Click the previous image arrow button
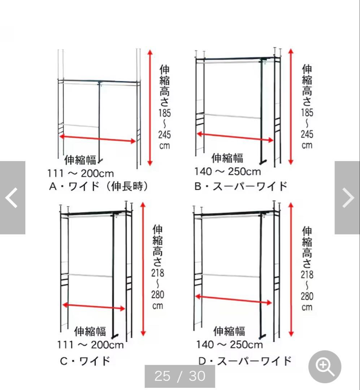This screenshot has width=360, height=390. click(12, 198)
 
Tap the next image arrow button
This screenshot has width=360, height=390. click(347, 198)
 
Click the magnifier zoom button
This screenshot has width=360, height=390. click(325, 367)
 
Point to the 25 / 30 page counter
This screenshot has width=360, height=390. click(180, 376)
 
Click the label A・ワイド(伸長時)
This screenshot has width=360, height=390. click(99, 186)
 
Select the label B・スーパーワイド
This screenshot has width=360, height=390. click(241, 186)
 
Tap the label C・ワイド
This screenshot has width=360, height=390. click(85, 361)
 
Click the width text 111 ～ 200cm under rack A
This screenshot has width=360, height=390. click(80, 173)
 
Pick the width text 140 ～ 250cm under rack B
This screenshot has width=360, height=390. click(227, 171)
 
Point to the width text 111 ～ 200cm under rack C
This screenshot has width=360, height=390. click(90, 345)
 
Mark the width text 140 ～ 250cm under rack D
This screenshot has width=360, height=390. click(230, 344)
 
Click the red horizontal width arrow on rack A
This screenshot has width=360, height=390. click(97, 139)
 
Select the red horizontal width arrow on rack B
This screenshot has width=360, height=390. click(235, 137)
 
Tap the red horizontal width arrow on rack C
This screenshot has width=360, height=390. click(94, 307)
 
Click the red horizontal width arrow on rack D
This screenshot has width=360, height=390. click(233, 300)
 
